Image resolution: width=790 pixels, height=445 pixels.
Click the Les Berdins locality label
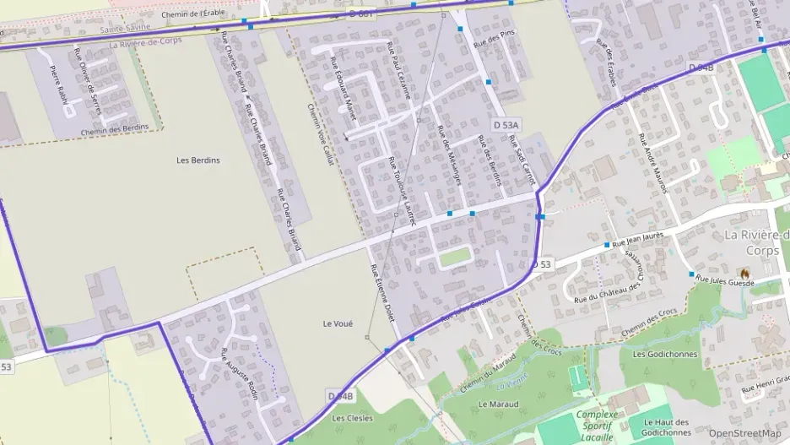[x=198, y=160]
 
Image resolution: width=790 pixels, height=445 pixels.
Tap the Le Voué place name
[x=338, y=323]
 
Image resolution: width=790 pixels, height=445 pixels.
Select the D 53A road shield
[x=506, y=125]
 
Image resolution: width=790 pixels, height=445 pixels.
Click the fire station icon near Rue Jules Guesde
[x=744, y=273]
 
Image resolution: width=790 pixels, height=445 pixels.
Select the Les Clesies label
[x=351, y=417]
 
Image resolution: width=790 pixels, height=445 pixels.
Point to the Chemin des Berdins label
[x=120, y=128]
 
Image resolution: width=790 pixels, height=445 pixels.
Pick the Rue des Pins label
[x=495, y=38]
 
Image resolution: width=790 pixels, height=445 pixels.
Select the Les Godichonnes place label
[x=665, y=354]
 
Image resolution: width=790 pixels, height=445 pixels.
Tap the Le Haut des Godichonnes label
[x=666, y=427]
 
